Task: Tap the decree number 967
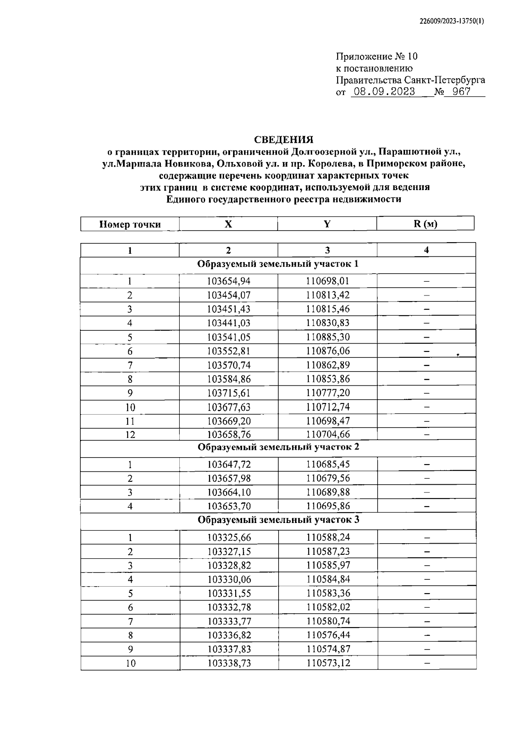tap(461, 92)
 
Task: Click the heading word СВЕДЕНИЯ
tap(284, 140)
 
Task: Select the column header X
tap(228, 224)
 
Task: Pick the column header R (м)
tap(426, 224)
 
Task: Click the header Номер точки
tap(130, 224)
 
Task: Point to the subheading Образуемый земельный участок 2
tap(278, 447)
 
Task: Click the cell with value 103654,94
tap(228, 281)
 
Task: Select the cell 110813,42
tap(328, 295)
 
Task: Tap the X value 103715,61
tap(228, 393)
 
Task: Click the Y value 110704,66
tap(328, 434)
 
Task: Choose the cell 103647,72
tap(228, 464)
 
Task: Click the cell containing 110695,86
tap(328, 506)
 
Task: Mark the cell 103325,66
tap(228, 538)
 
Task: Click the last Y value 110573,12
tap(328, 663)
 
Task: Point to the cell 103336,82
tap(228, 635)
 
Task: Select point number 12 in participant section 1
tap(130, 434)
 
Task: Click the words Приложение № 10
tap(377, 56)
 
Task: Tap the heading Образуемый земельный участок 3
tap(278, 520)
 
